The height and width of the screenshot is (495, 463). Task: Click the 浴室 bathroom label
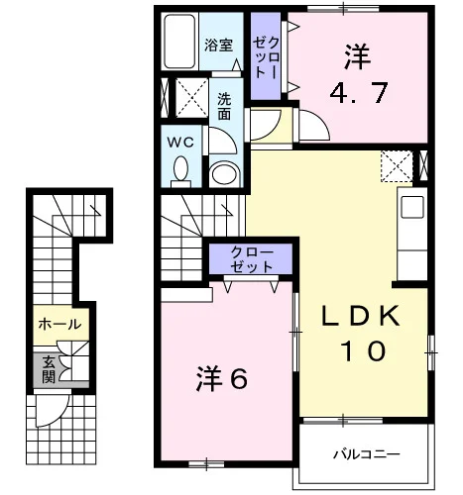218,46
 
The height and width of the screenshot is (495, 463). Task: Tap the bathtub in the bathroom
179,42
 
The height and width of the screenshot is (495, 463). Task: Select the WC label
180,143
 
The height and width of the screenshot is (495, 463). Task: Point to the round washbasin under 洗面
224,174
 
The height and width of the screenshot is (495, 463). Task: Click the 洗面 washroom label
224,106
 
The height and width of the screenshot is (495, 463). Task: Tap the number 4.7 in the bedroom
359,93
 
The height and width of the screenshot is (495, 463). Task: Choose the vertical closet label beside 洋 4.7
266,57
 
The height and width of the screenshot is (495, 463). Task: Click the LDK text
361,316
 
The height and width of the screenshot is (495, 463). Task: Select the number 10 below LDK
364,350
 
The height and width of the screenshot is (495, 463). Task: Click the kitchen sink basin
412,207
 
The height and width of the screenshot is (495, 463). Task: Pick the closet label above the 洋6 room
252,259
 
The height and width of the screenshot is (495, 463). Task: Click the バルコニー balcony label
366,454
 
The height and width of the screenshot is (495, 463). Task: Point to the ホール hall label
59,325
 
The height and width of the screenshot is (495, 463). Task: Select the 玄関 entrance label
49,369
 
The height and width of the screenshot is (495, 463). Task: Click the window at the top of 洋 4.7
343,9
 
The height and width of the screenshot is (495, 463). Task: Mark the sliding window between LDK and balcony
343,421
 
